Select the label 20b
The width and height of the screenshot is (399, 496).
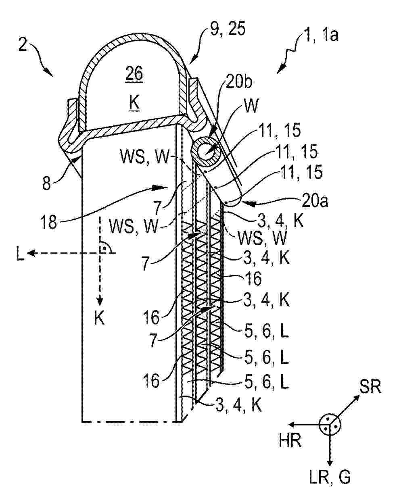(239, 81)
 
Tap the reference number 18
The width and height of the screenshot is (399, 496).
(49, 221)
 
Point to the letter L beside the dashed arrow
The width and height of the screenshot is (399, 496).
(20, 253)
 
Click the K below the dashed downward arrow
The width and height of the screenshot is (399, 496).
(99, 318)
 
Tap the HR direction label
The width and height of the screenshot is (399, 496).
(290, 440)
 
